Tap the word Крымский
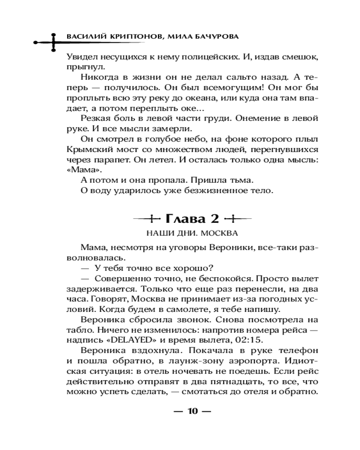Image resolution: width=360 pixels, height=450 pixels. point(90,150)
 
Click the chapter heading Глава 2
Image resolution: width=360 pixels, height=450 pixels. point(192,219)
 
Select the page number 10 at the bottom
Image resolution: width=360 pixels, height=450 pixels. point(192,411)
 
